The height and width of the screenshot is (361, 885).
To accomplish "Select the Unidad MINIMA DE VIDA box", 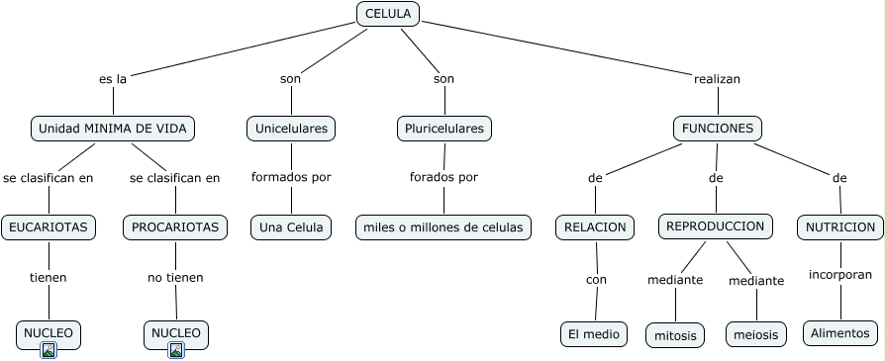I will (x=113, y=129).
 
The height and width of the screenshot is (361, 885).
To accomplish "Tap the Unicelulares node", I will (x=291, y=129).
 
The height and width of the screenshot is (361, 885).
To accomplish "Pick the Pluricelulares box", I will (x=444, y=129).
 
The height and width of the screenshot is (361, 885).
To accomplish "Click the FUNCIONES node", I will (x=718, y=129).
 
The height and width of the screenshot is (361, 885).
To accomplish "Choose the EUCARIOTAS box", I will (x=49, y=227).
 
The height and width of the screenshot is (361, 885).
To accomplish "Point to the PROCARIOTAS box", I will (x=175, y=227).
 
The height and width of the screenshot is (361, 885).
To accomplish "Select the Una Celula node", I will (x=291, y=227).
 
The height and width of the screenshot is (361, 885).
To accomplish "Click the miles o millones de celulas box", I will (x=443, y=227).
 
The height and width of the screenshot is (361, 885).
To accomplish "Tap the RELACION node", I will (x=595, y=227).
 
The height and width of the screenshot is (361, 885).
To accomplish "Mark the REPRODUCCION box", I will (x=715, y=226).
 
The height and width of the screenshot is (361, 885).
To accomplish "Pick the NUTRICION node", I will (x=839, y=227).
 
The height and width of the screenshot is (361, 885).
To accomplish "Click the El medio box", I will (x=594, y=334).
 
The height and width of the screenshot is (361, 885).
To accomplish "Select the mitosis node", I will (x=675, y=335).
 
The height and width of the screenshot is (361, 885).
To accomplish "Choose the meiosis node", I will (x=756, y=335).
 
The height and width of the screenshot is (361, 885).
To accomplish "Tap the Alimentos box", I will (x=839, y=333).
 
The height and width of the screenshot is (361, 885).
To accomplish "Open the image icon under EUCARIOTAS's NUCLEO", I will (x=49, y=349).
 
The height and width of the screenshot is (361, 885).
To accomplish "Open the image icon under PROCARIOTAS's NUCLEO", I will (x=176, y=349).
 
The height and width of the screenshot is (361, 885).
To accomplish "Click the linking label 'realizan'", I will (x=717, y=78).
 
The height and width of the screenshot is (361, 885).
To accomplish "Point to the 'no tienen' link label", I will (x=175, y=277).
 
